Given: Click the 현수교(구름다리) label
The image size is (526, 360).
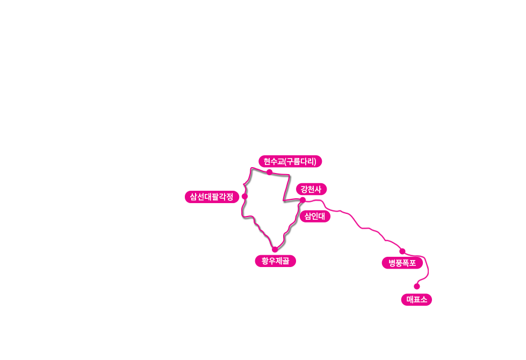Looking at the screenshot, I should (x=290, y=161).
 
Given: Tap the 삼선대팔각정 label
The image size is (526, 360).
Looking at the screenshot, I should (x=212, y=197).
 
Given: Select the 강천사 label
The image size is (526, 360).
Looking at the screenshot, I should (x=311, y=189).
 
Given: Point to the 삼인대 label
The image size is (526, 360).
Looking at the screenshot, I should (x=315, y=217).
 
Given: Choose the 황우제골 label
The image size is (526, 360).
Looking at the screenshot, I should (x=275, y=261).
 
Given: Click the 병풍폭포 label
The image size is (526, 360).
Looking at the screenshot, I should (x=402, y=263).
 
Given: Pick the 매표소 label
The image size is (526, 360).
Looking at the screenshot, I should (x=416, y=299).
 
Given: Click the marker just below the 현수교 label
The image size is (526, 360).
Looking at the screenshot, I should (x=269, y=171).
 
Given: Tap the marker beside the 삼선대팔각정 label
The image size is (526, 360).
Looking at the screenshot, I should (x=244, y=196).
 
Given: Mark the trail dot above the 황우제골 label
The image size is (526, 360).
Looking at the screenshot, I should (x=275, y=249).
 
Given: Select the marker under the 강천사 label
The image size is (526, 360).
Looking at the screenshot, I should (x=302, y=199).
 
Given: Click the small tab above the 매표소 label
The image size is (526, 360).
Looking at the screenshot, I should (x=417, y=289).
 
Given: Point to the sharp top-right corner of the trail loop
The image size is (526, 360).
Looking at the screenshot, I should (x=290, y=175).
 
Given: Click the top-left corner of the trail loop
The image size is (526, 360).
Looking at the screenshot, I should (x=250, y=168).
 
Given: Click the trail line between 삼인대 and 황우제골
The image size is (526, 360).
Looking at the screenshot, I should (x=288, y=230).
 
